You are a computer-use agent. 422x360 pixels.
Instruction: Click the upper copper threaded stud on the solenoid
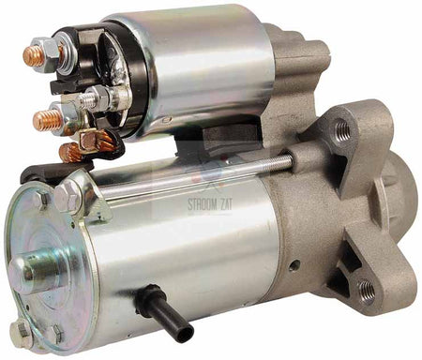33,56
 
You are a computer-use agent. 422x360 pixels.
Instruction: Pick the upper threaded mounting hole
342,129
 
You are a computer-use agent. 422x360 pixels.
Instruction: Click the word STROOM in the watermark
202,204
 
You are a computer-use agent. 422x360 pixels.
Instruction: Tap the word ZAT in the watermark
226,204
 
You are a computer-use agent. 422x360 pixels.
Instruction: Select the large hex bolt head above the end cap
67,196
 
